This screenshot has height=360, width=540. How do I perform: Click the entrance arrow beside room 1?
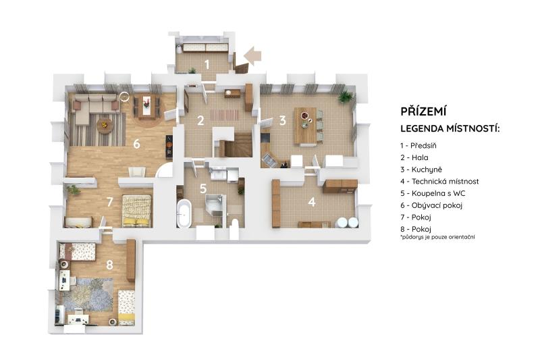252,56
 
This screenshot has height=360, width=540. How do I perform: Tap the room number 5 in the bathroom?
203,188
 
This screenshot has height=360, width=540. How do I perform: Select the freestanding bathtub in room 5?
184,213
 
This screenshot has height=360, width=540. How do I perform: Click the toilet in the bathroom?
234,226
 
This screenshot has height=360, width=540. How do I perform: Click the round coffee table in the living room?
105,125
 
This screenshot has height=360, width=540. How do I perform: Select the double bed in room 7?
137,211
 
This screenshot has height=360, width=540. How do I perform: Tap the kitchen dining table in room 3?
305,126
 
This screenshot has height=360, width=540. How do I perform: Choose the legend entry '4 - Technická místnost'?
439,181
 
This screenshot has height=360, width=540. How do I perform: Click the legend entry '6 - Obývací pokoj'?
431,205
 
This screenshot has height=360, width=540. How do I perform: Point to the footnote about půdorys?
437,237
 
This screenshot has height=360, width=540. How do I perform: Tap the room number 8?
109,265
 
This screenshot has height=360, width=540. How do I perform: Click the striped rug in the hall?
224,114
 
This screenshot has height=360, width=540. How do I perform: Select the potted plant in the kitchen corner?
345,97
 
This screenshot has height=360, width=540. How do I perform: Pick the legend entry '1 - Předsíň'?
418,146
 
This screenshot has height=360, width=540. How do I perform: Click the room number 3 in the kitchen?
282,120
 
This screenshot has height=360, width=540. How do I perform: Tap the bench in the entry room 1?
205,47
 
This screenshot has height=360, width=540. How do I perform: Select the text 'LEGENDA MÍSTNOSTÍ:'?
450,129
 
